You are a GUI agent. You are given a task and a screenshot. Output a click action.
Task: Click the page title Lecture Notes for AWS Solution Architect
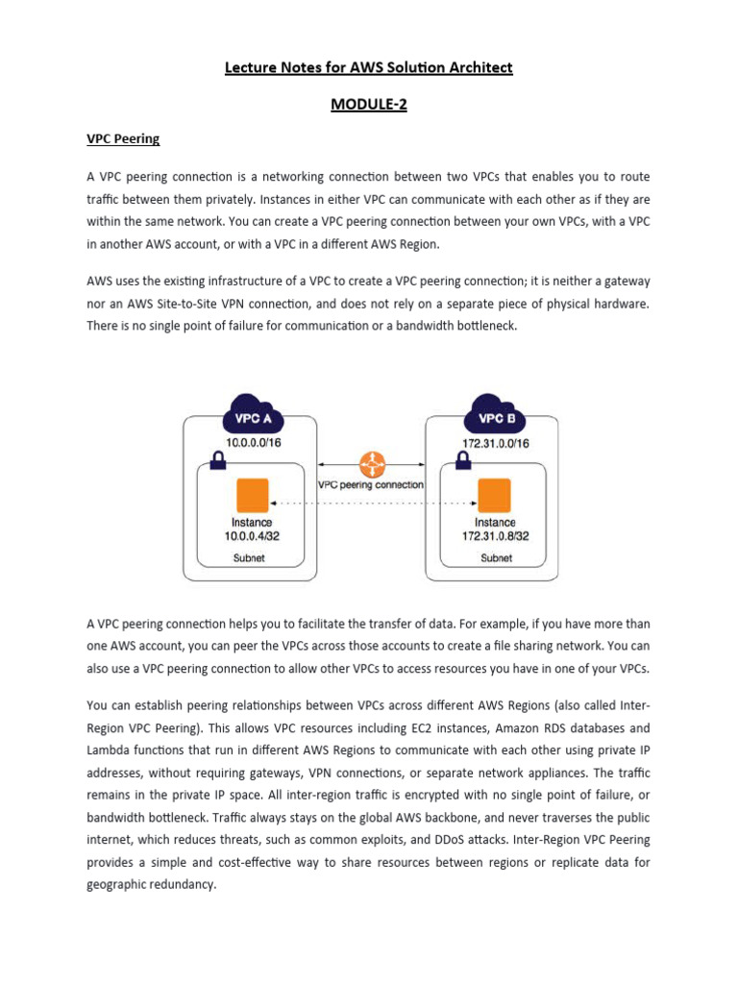click(369, 67)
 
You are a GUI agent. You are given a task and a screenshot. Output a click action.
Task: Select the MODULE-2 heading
click(369, 105)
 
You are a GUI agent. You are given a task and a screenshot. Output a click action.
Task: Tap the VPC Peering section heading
click(123, 138)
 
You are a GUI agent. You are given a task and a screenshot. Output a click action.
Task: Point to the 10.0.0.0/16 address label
click(252, 443)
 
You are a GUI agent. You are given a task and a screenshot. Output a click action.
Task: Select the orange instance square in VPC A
click(252, 496)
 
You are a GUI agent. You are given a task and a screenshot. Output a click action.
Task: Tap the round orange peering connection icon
click(370, 463)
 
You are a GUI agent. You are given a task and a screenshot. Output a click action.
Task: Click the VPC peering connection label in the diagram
click(370, 485)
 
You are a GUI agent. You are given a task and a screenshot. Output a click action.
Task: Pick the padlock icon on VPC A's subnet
click(218, 461)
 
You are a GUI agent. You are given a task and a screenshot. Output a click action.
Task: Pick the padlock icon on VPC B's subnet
click(462, 461)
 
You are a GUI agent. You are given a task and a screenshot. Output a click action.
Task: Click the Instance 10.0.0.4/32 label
click(252, 529)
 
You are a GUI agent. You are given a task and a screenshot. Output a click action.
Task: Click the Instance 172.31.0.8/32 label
click(495, 529)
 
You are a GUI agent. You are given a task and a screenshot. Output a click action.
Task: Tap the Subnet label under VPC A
click(252, 557)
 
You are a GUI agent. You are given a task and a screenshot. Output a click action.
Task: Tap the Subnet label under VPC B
click(496, 557)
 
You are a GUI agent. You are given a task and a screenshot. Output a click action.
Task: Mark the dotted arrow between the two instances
click(373, 503)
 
